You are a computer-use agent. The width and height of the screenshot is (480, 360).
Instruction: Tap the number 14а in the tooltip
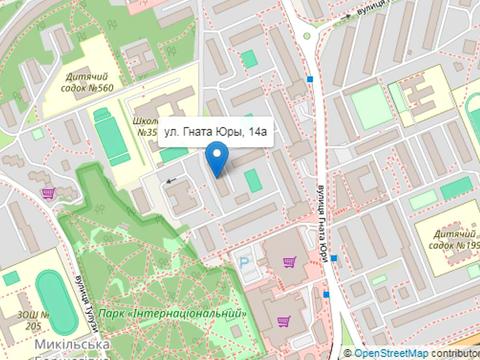pyautogui.click(x=257, y=131)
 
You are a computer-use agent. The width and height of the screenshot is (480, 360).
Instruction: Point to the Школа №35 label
pyautogui.click(x=145, y=125)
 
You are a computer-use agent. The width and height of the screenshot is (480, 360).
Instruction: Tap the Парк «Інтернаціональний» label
pyautogui.click(x=184, y=314)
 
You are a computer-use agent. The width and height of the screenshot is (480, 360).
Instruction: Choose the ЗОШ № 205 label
pyautogui.click(x=31, y=319)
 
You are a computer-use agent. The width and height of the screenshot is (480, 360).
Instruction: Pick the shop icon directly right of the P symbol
pyautogui.click(x=289, y=263)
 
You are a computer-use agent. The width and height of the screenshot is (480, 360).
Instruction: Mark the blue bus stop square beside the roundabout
pyautogui.click(x=310, y=78)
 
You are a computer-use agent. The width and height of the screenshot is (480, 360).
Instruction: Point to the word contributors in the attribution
pyautogui.click(x=456, y=352)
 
